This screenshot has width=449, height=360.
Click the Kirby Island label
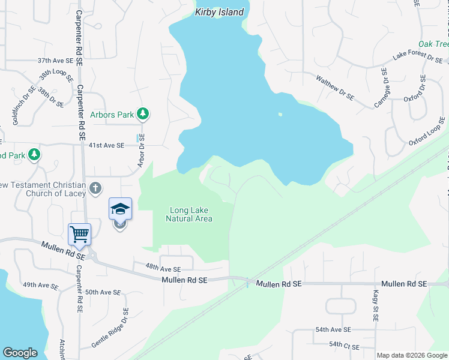click(220, 12)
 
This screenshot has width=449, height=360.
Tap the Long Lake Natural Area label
click(189, 214)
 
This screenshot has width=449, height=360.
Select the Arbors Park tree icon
click(142, 113)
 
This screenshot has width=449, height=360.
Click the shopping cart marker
click(80, 234)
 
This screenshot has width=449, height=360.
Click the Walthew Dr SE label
click(336, 88)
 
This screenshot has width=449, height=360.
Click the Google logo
click(20, 353)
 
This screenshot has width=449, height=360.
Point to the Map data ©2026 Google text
click(411, 355)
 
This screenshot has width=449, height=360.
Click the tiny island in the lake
click(280, 115)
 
